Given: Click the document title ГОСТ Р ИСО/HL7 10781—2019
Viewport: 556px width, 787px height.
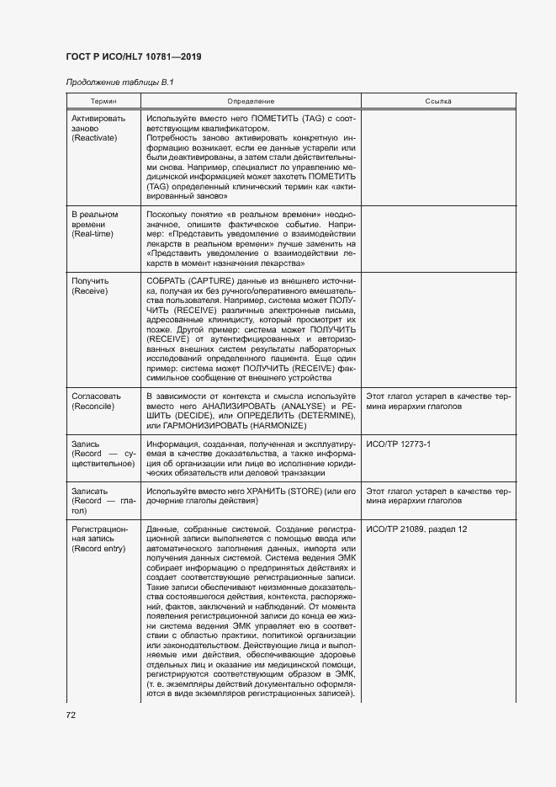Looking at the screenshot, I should pos(133,56).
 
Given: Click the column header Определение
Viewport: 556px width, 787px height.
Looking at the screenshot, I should pos(250,101).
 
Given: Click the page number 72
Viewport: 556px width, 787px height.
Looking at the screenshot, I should pos(71,715).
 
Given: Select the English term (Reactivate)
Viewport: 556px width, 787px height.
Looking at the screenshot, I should pos(95,137).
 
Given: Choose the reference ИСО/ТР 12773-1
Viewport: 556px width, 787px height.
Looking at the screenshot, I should pos(397,444).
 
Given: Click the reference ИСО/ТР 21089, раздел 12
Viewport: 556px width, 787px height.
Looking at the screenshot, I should pos(416,529).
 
